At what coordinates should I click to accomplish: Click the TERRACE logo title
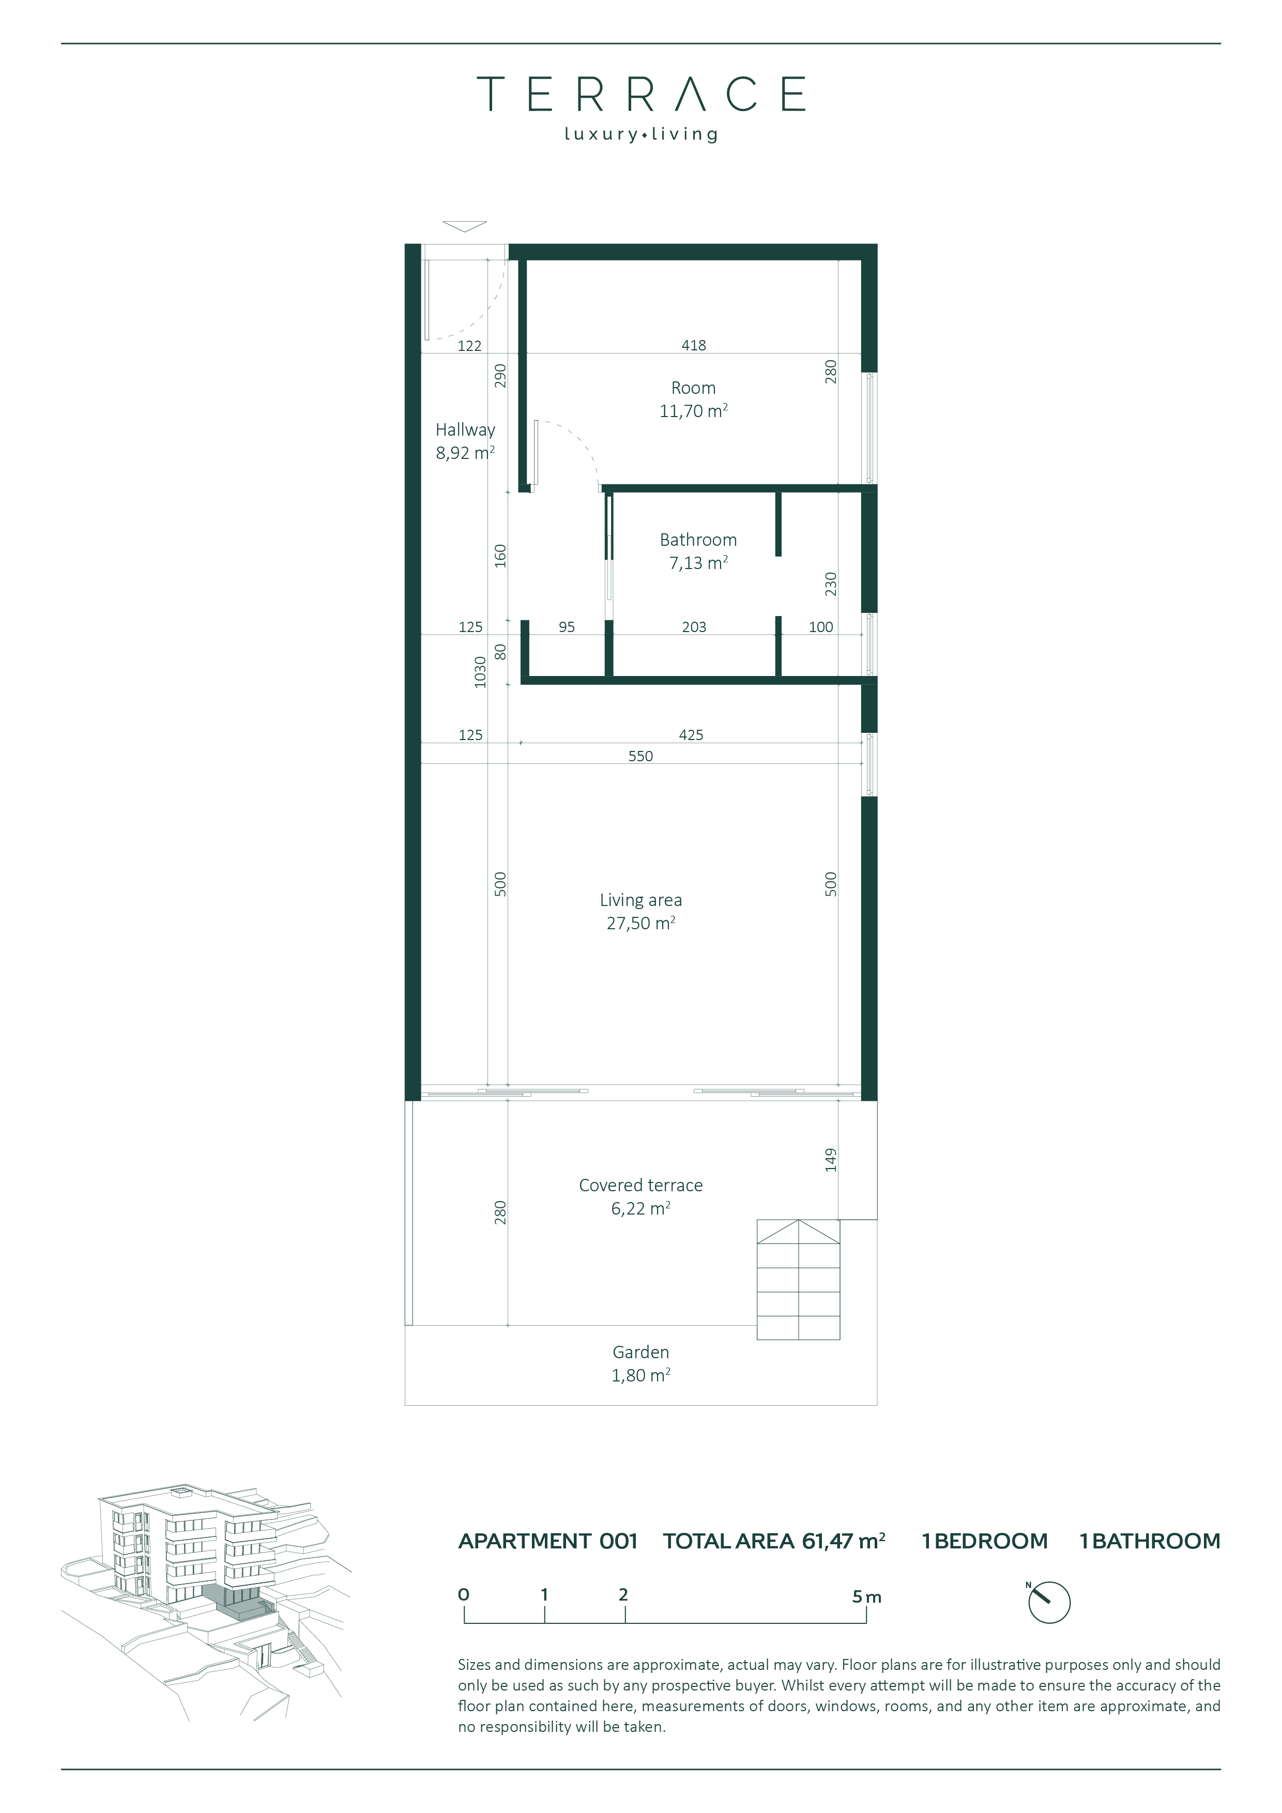click(x=640, y=94)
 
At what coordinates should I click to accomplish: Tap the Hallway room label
click(x=465, y=431)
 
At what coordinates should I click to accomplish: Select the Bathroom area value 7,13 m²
click(x=698, y=563)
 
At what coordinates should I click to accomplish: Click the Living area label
click(x=640, y=900)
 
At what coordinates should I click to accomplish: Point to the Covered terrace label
click(x=640, y=1185)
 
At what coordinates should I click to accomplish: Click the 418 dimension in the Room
click(x=694, y=345)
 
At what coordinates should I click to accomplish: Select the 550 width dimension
click(x=640, y=757)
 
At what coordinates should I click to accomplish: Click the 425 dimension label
click(x=691, y=735)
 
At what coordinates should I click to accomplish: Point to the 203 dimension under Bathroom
click(x=694, y=627)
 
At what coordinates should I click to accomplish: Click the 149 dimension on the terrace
click(x=830, y=1160)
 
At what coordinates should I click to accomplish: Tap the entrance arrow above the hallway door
click(x=464, y=226)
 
